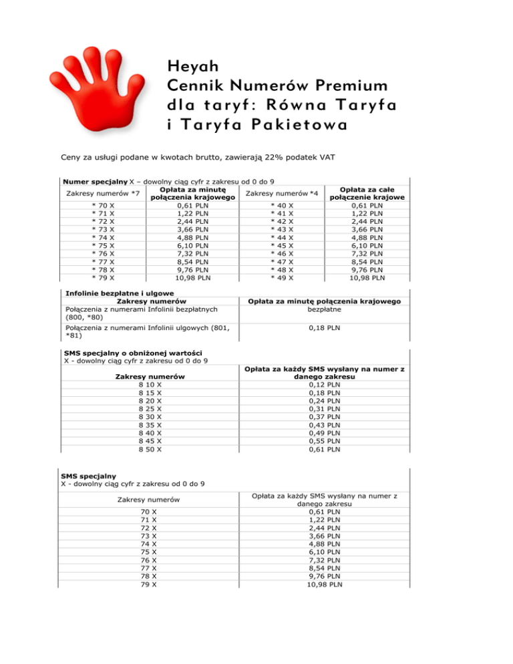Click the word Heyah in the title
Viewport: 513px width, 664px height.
click(190, 67)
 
